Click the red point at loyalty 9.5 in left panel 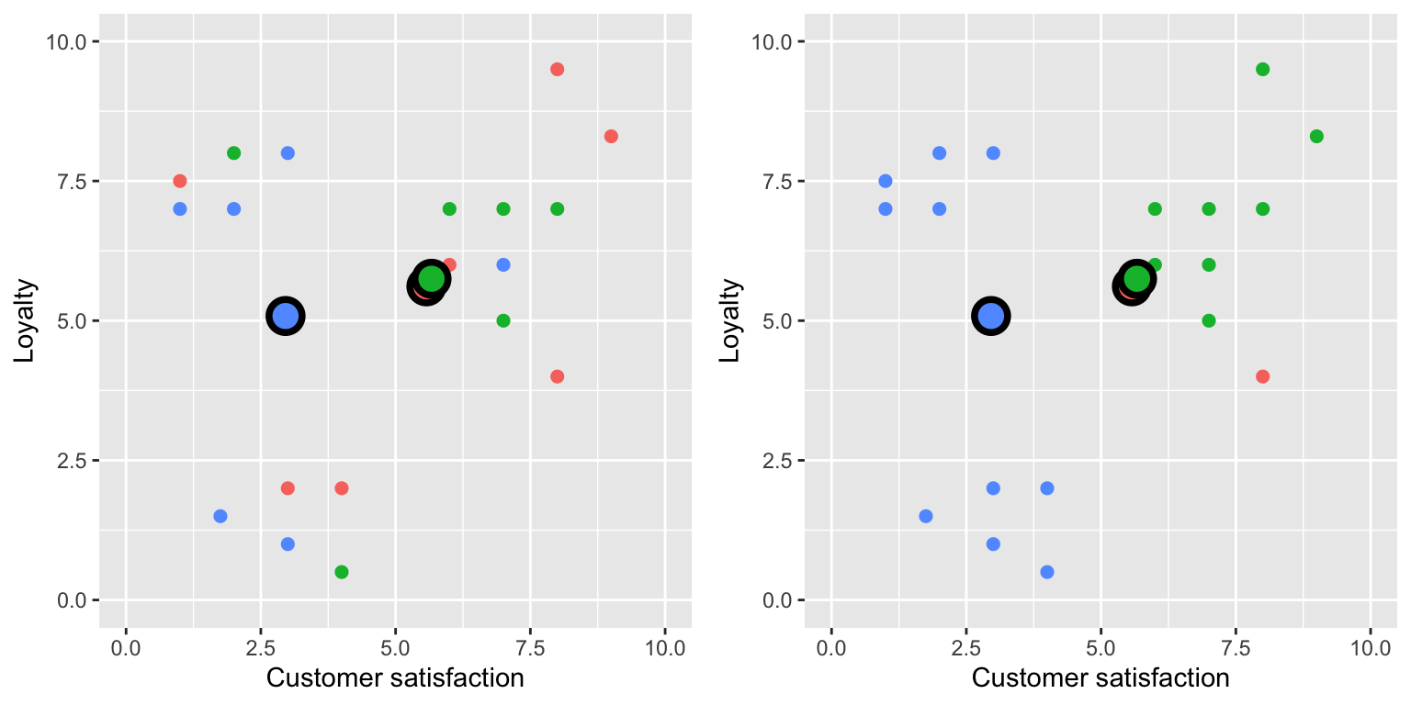coord(557,70)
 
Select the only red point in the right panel coord(1262,376)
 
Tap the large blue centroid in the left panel coord(286,316)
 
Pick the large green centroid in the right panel coord(1137,278)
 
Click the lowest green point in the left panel coord(342,572)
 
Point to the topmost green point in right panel coord(1262,70)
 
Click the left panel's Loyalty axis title coord(24,320)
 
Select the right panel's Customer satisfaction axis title coord(1100,678)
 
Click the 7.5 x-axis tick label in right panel coord(1235,647)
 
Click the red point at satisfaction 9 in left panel coord(611,137)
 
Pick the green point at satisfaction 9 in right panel coord(1316,137)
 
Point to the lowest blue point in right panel coord(1046,572)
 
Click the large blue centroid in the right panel coord(990,316)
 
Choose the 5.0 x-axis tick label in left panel coord(395,647)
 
